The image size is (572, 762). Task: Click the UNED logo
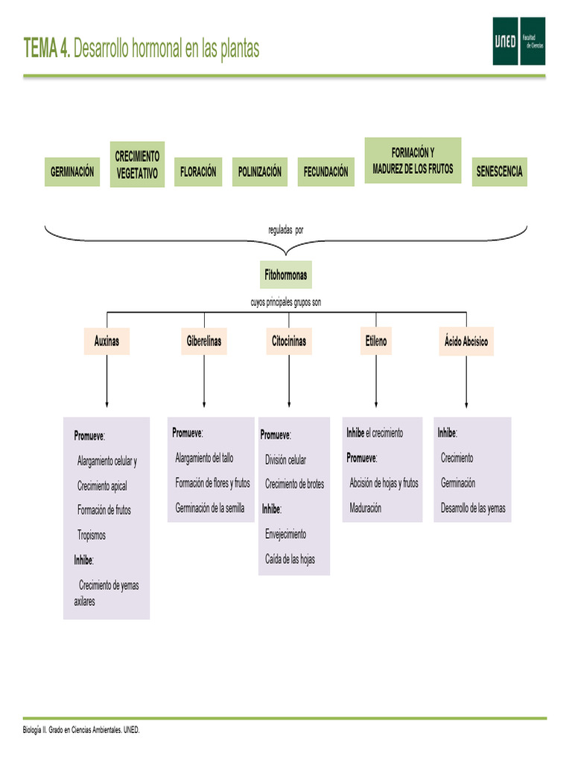click(518, 41)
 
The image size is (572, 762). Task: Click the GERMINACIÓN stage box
click(72, 172)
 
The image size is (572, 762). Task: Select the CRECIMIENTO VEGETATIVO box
click(137, 164)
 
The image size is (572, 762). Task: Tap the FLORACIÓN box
click(198, 172)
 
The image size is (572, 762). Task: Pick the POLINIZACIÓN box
click(260, 172)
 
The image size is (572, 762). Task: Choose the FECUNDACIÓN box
click(325, 172)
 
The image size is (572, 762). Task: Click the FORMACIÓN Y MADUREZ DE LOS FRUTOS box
click(413, 160)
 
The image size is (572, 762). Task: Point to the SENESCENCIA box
click(499, 172)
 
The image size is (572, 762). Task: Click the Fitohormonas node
click(285, 275)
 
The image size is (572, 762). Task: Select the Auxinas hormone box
click(107, 342)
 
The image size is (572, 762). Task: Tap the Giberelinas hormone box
click(203, 342)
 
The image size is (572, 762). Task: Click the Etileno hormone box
click(376, 342)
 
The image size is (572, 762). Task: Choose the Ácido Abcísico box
click(465, 342)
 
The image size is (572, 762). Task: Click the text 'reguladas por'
click(286, 230)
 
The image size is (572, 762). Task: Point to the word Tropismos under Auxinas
click(92, 535)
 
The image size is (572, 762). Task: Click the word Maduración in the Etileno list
click(365, 508)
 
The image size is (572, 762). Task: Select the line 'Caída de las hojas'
click(290, 559)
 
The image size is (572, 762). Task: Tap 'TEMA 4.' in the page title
click(47, 49)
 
